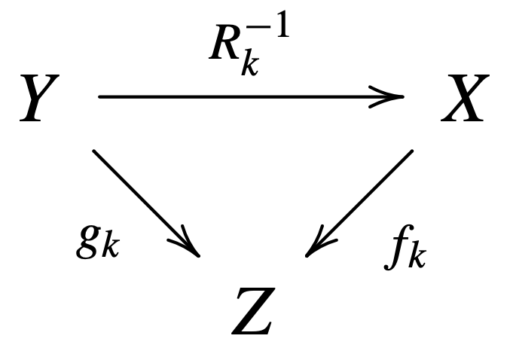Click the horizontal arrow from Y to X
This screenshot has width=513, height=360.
[249, 97]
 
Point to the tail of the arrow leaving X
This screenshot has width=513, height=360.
[411, 151]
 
